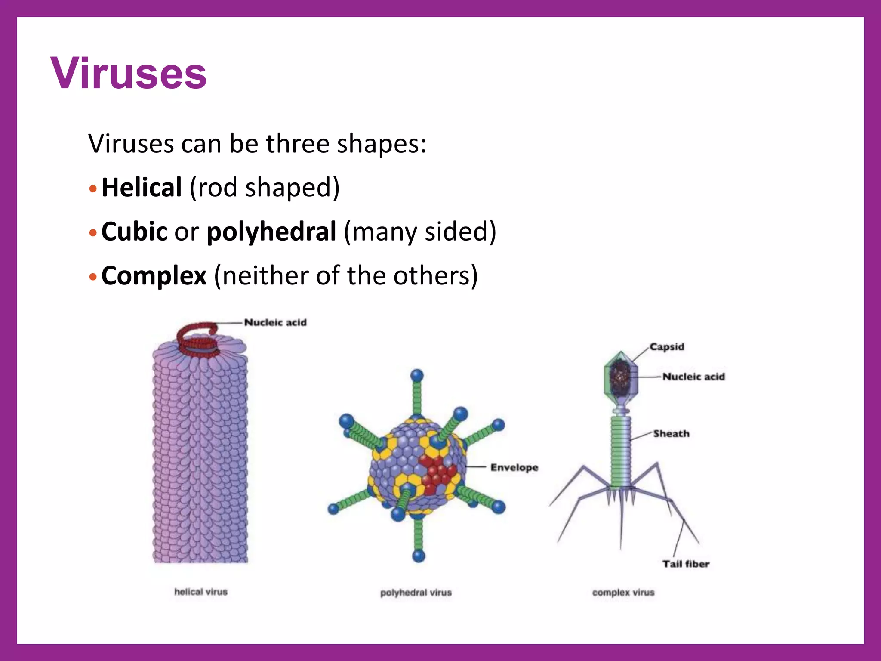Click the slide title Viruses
[128, 73]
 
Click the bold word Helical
[142, 188]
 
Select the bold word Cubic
[134, 232]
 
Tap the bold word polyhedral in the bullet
[271, 232]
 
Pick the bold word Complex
[154, 275]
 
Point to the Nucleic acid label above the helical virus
[275, 322]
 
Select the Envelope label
[514, 467]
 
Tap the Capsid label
[667, 346]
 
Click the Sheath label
[671, 433]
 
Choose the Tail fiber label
[686, 564]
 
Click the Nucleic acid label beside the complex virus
[693, 377]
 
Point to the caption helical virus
[201, 592]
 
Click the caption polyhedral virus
[416, 593]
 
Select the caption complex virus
[623, 593]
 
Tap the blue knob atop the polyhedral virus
[417, 376]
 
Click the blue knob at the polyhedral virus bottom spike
[419, 556]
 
